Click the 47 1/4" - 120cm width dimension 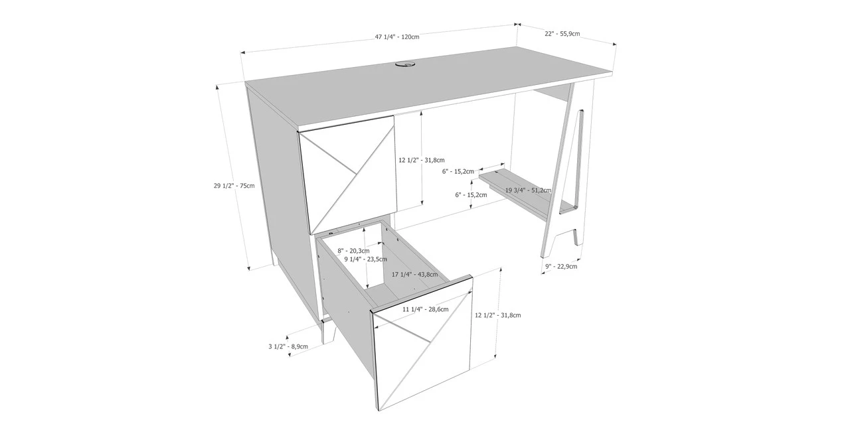tap(397, 36)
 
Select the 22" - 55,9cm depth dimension tap(562, 33)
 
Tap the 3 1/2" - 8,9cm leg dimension tap(288, 346)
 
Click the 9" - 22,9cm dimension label tap(561, 267)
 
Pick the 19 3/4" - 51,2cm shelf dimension tap(528, 190)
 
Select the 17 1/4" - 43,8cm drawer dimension tap(414, 274)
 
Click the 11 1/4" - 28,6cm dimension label tap(426, 309)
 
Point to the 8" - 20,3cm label tap(353, 250)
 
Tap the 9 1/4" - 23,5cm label tap(365, 259)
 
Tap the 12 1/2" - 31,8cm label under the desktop tap(421, 160)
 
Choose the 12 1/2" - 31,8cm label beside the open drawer tap(498, 315)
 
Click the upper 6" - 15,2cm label tap(458, 171)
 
